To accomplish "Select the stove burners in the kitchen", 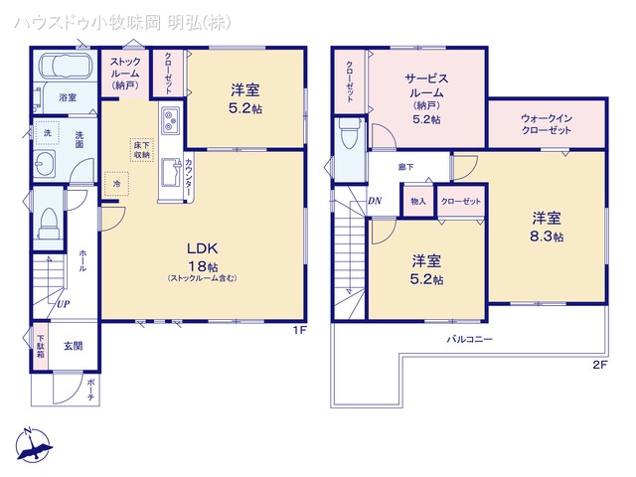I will pyautogui.click(x=167, y=122).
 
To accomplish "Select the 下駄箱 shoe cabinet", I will pyautogui.click(x=41, y=344).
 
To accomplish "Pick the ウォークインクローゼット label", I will pyautogui.click(x=546, y=127).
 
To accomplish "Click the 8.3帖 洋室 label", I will pyautogui.click(x=547, y=228).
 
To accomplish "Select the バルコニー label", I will pyautogui.click(x=468, y=338).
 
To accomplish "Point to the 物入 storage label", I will pyautogui.click(x=417, y=202).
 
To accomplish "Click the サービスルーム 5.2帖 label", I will pyautogui.click(x=428, y=97).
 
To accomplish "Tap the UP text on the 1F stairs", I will pyautogui.click(x=63, y=304).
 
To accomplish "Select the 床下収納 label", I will pyautogui.click(x=141, y=150).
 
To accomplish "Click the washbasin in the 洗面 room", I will pyautogui.click(x=46, y=165).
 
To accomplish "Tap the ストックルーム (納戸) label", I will pyautogui.click(x=125, y=73).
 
